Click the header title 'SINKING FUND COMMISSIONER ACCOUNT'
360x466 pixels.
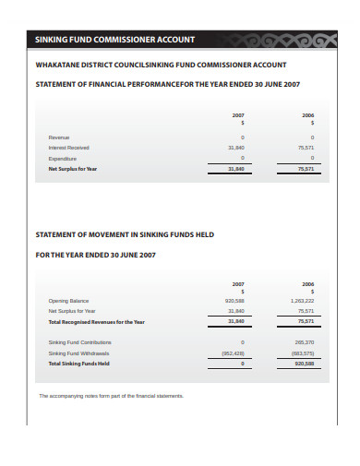point(114,40)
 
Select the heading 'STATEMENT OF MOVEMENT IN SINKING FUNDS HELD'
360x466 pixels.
point(125,234)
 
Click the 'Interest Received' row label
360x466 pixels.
point(68,147)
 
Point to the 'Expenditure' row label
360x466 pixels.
point(63,158)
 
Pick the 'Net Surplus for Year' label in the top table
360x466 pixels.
point(72,169)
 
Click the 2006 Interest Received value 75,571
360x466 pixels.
point(306,147)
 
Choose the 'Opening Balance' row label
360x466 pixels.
point(68,301)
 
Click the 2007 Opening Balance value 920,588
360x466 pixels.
point(234,301)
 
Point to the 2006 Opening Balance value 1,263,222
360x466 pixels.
point(303,301)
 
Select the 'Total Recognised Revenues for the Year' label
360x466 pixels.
point(96,322)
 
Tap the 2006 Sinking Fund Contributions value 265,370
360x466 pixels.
point(305,342)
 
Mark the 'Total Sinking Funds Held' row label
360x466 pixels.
point(78,364)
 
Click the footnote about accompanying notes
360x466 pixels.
point(111,396)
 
